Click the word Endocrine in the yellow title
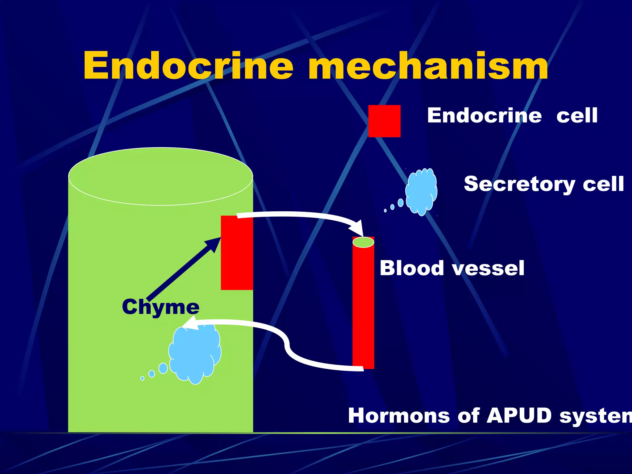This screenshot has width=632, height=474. click(x=188, y=66)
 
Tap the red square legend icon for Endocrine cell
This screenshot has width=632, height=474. click(x=384, y=121)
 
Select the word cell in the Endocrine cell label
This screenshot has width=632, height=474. click(x=577, y=116)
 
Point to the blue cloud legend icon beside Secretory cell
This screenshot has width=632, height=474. click(x=422, y=191)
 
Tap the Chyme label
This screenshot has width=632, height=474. click(x=160, y=307)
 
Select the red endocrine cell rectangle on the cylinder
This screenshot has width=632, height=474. click(x=237, y=253)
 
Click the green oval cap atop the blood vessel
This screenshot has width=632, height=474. click(x=363, y=242)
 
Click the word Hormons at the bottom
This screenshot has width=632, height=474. click(x=398, y=416)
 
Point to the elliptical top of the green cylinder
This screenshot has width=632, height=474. click(x=160, y=176)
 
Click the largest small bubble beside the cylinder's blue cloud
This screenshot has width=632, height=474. click(x=163, y=368)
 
